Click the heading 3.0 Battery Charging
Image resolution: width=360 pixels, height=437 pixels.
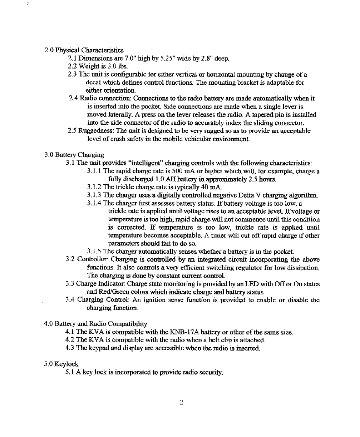tap(74, 155)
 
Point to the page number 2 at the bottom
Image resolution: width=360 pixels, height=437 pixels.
tap(182, 403)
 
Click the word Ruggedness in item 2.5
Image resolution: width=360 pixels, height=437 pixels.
tap(98, 131)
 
